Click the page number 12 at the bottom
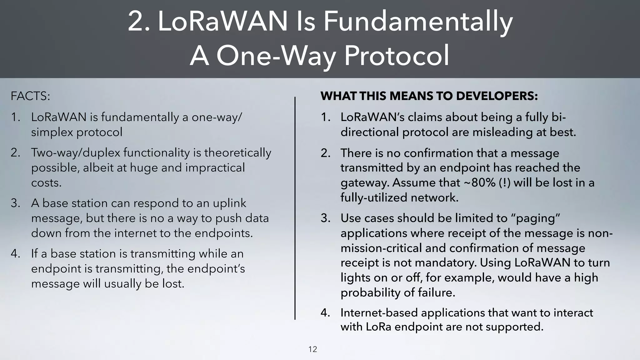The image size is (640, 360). (312, 349)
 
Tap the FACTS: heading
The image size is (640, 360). (30, 96)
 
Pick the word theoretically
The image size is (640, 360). (237, 153)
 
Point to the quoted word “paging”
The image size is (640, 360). (535, 218)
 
